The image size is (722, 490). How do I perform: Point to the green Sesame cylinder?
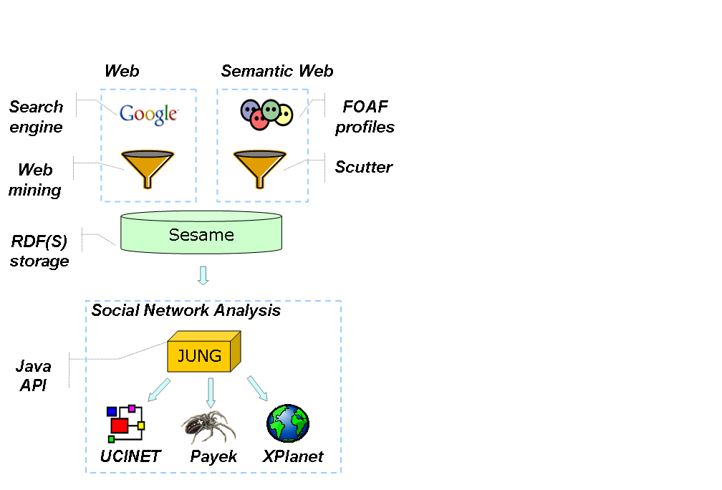(201, 233)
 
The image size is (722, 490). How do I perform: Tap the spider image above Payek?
(208, 427)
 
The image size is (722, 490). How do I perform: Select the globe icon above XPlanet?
(288, 423)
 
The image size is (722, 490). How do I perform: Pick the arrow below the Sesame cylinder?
(203, 275)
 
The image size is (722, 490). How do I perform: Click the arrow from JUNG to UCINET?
(160, 390)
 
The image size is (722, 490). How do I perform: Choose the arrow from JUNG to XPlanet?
(257, 389)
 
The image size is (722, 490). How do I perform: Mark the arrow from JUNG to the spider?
(211, 393)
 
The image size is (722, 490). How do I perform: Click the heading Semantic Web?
(276, 71)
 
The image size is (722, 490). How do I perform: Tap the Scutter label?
(364, 167)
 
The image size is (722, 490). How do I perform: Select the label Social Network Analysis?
(186, 310)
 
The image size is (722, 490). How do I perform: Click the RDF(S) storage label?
(39, 251)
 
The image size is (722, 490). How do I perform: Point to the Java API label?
(34, 375)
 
